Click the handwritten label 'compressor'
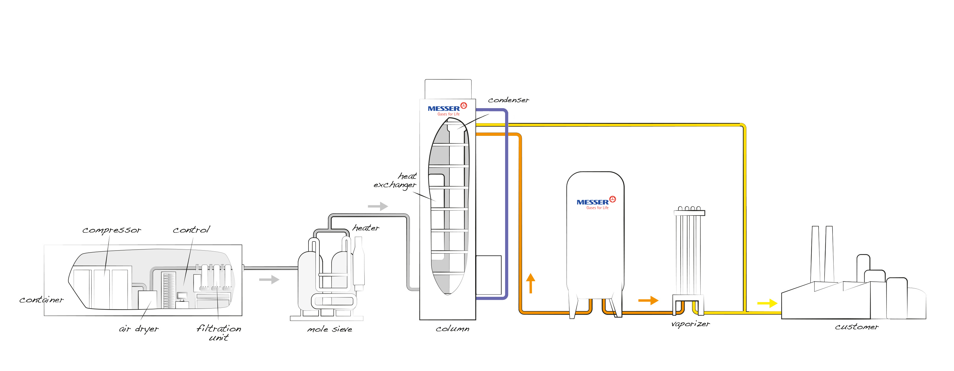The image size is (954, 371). tap(112, 230)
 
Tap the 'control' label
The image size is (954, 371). tap(191, 230)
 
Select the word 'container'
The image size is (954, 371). tap(41, 300)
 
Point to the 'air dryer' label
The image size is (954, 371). tap(138, 329)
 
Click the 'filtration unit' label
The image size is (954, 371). tap(219, 333)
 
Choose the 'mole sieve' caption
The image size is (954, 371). tap(329, 329)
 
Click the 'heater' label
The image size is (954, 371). tap(366, 228)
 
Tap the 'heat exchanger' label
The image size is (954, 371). tap(395, 180)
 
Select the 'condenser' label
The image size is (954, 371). tap(508, 100)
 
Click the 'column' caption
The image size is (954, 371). tap(452, 329)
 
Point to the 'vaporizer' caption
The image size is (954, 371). tap(690, 324)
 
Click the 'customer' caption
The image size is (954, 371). tap(857, 327)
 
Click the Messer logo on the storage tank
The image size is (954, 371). tap(596, 203)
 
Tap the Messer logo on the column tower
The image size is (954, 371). tap(447, 109)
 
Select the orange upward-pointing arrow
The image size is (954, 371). tap(531, 283)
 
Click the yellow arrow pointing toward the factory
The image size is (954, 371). tap(767, 303)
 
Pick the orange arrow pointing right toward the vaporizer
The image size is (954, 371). tap(648, 300)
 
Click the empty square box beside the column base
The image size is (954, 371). tap(488, 275)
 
